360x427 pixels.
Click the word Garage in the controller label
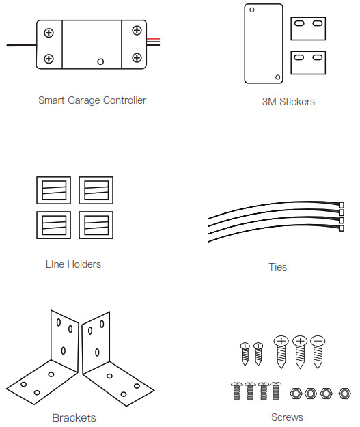click(x=84, y=100)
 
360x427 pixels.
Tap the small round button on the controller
click(x=100, y=61)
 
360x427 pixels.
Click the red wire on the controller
click(x=153, y=39)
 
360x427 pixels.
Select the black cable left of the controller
click(x=21, y=45)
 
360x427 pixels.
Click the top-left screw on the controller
click(x=49, y=33)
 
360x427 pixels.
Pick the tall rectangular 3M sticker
click(x=264, y=44)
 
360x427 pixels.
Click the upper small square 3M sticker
click(x=308, y=29)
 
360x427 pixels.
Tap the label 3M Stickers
click(x=288, y=102)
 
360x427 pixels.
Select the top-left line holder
click(x=54, y=190)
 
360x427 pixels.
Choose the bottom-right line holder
click(x=96, y=225)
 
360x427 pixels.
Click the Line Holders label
click(x=73, y=264)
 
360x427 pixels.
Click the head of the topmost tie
click(x=342, y=205)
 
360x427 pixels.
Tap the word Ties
click(x=278, y=267)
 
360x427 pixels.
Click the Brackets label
click(x=74, y=418)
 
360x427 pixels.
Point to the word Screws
click(x=287, y=417)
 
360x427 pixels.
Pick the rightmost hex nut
click(x=344, y=394)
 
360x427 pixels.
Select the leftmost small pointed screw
click(x=245, y=354)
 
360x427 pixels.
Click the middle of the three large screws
click(x=300, y=352)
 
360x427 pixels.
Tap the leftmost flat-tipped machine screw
click(x=236, y=391)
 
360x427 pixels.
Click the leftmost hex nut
click(x=296, y=394)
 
